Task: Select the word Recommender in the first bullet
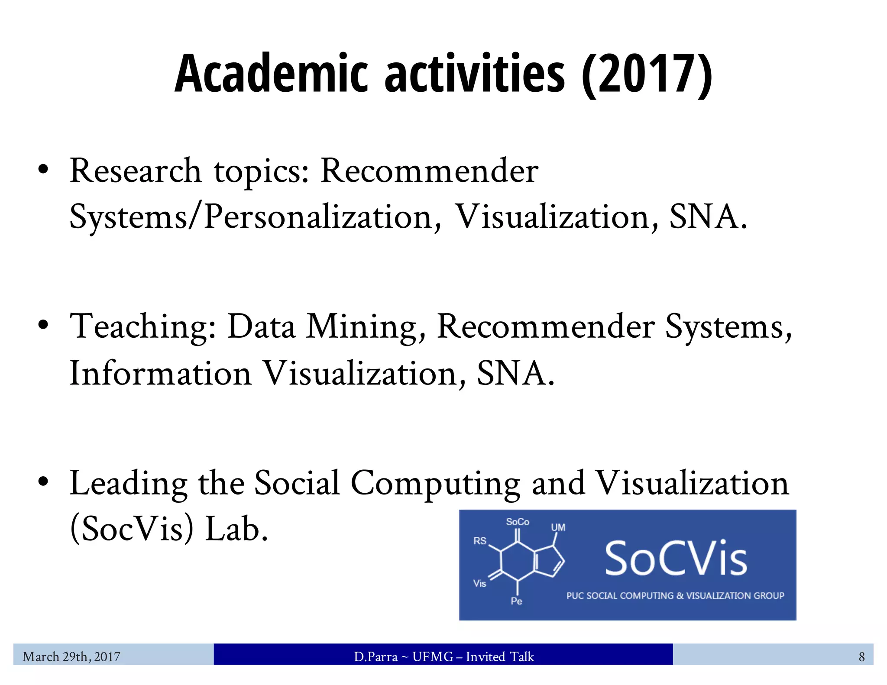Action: (429, 171)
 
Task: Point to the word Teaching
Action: (143, 327)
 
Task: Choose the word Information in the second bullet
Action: (161, 373)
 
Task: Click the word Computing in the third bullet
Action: (435, 484)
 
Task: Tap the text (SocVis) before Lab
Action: (132, 529)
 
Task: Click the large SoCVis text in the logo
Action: (675, 559)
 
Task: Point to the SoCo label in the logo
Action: (518, 522)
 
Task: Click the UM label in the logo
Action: (558, 527)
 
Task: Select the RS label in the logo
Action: (480, 541)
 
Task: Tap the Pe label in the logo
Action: (516, 601)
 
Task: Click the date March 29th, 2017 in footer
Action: (71, 657)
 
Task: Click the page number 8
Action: (861, 657)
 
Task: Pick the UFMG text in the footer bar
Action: (432, 657)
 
